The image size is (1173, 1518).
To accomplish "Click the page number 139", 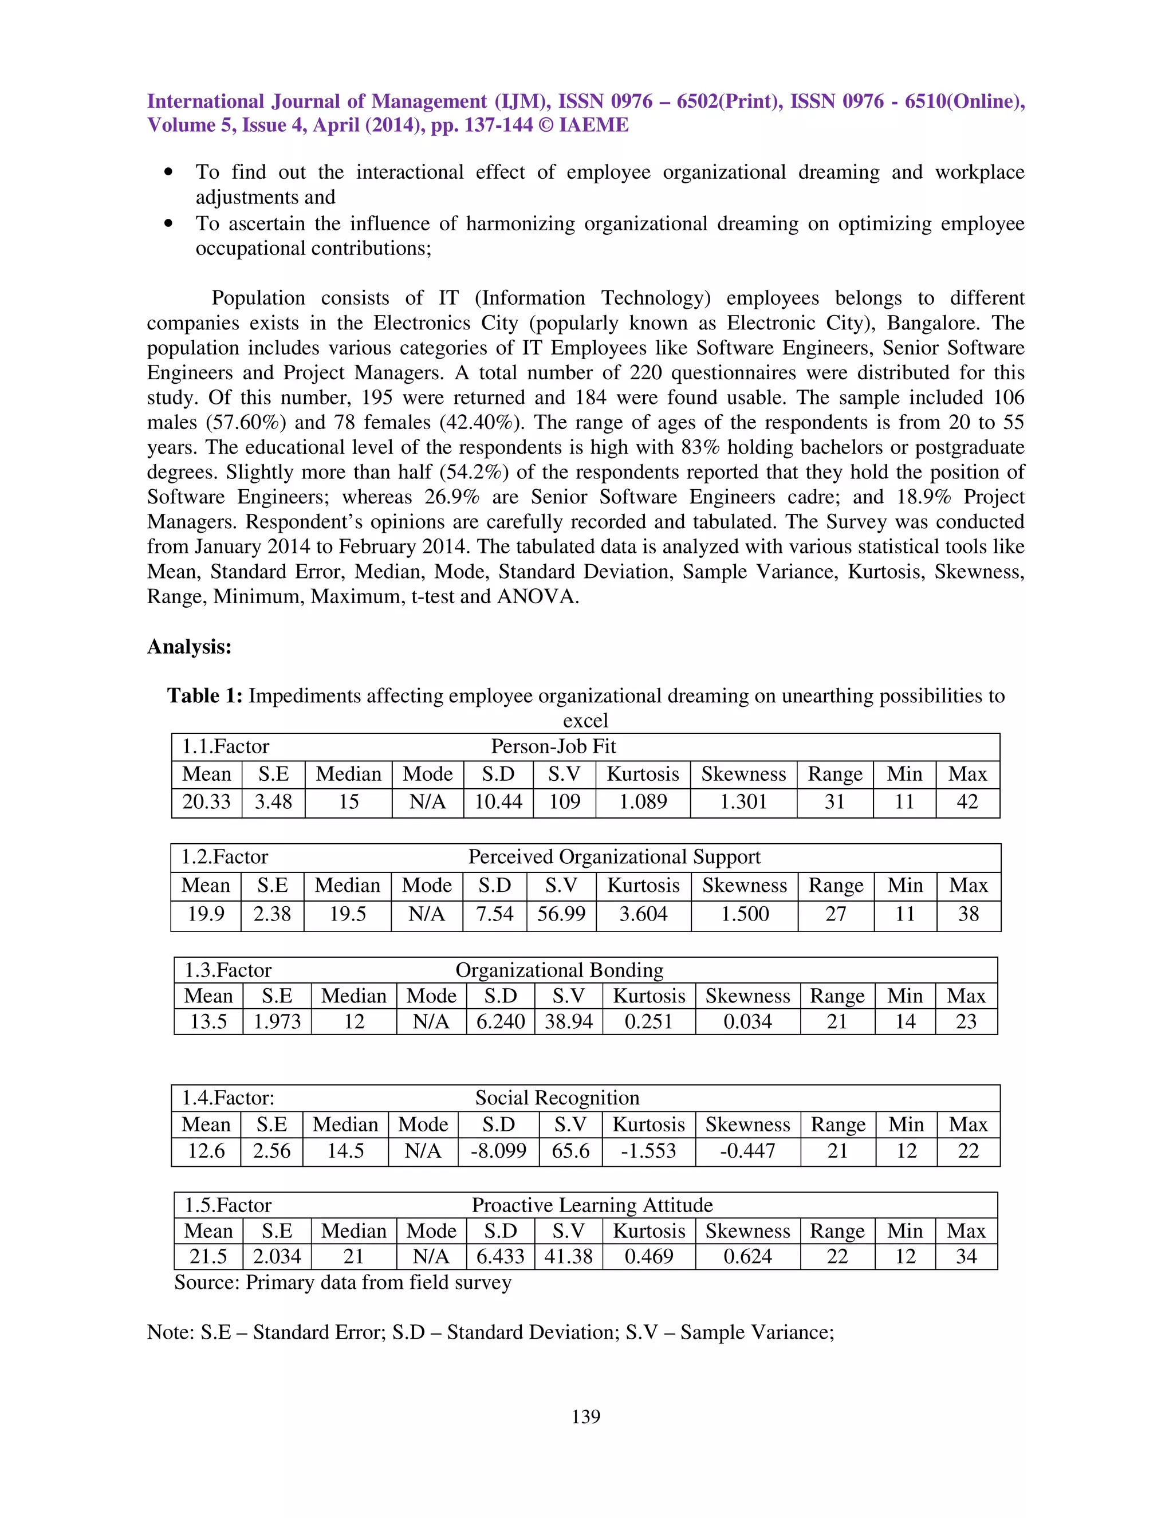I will pos(586,1416).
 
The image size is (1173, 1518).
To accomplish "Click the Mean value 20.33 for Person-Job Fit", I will pos(206,802).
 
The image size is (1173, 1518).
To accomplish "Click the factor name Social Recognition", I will pos(557,1098).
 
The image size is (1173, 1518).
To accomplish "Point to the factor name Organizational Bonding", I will pos(560,970).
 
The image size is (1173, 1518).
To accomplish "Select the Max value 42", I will pos(967,802).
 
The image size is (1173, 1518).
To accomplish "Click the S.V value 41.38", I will pos(568,1256).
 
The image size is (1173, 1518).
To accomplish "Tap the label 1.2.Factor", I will pos(225,856).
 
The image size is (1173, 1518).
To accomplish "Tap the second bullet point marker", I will pos(168,224).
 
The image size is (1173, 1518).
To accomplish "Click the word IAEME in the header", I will pos(593,125).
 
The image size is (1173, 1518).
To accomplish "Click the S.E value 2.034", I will pos(277,1256).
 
